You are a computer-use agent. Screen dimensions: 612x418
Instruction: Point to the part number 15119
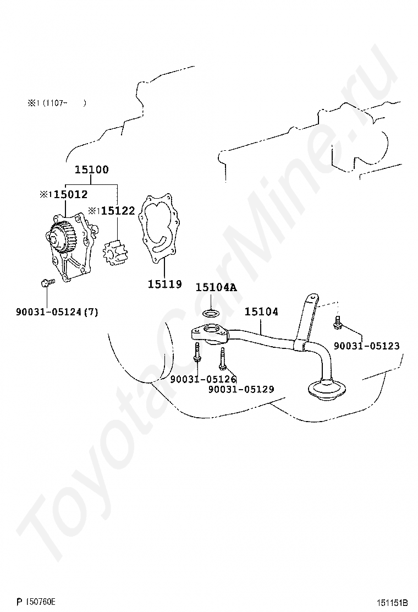164,285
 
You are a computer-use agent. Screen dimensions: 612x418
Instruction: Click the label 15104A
216,287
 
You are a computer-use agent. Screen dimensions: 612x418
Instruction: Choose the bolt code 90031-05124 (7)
57,312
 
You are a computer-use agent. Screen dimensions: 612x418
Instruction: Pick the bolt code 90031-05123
366,346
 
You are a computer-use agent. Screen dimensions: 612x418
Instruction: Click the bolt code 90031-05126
203,379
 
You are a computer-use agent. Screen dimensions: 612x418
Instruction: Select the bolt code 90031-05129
241,389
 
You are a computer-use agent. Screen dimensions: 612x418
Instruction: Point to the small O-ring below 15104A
210,314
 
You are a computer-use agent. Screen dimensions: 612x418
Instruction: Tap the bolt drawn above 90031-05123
337,324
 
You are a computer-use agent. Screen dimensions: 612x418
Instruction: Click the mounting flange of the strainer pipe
207,334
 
